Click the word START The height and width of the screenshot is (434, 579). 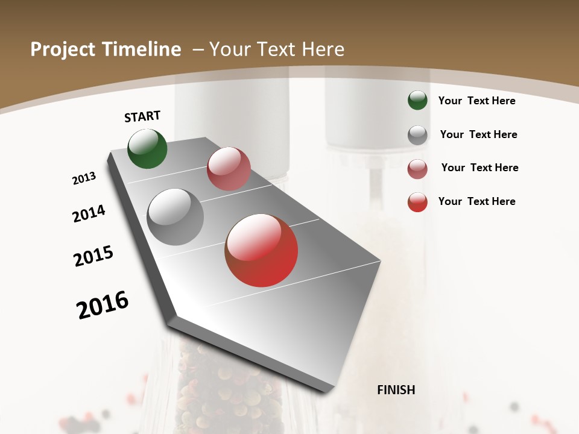[142, 116]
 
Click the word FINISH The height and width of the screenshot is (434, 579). [396, 390]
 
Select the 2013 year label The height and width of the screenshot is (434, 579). [84, 178]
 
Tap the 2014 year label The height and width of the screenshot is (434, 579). [89, 214]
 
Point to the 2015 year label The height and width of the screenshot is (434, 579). [93, 256]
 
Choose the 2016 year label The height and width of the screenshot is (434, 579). [103, 305]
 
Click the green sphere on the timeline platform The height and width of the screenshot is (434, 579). [147, 149]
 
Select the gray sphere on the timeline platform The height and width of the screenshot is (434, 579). [176, 217]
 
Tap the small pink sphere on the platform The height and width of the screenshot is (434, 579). [229, 169]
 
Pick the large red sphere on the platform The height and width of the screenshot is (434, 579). [261, 250]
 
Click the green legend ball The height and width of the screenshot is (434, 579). [417, 100]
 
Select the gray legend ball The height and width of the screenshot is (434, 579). [417, 134]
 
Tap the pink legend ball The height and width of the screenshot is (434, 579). [417, 169]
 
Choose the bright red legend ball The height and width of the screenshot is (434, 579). [417, 202]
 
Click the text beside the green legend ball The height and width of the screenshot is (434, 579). [476, 101]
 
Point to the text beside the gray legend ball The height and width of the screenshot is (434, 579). [478, 134]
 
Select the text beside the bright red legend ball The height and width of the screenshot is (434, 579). [476, 201]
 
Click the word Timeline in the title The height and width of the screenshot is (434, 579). [143, 49]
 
